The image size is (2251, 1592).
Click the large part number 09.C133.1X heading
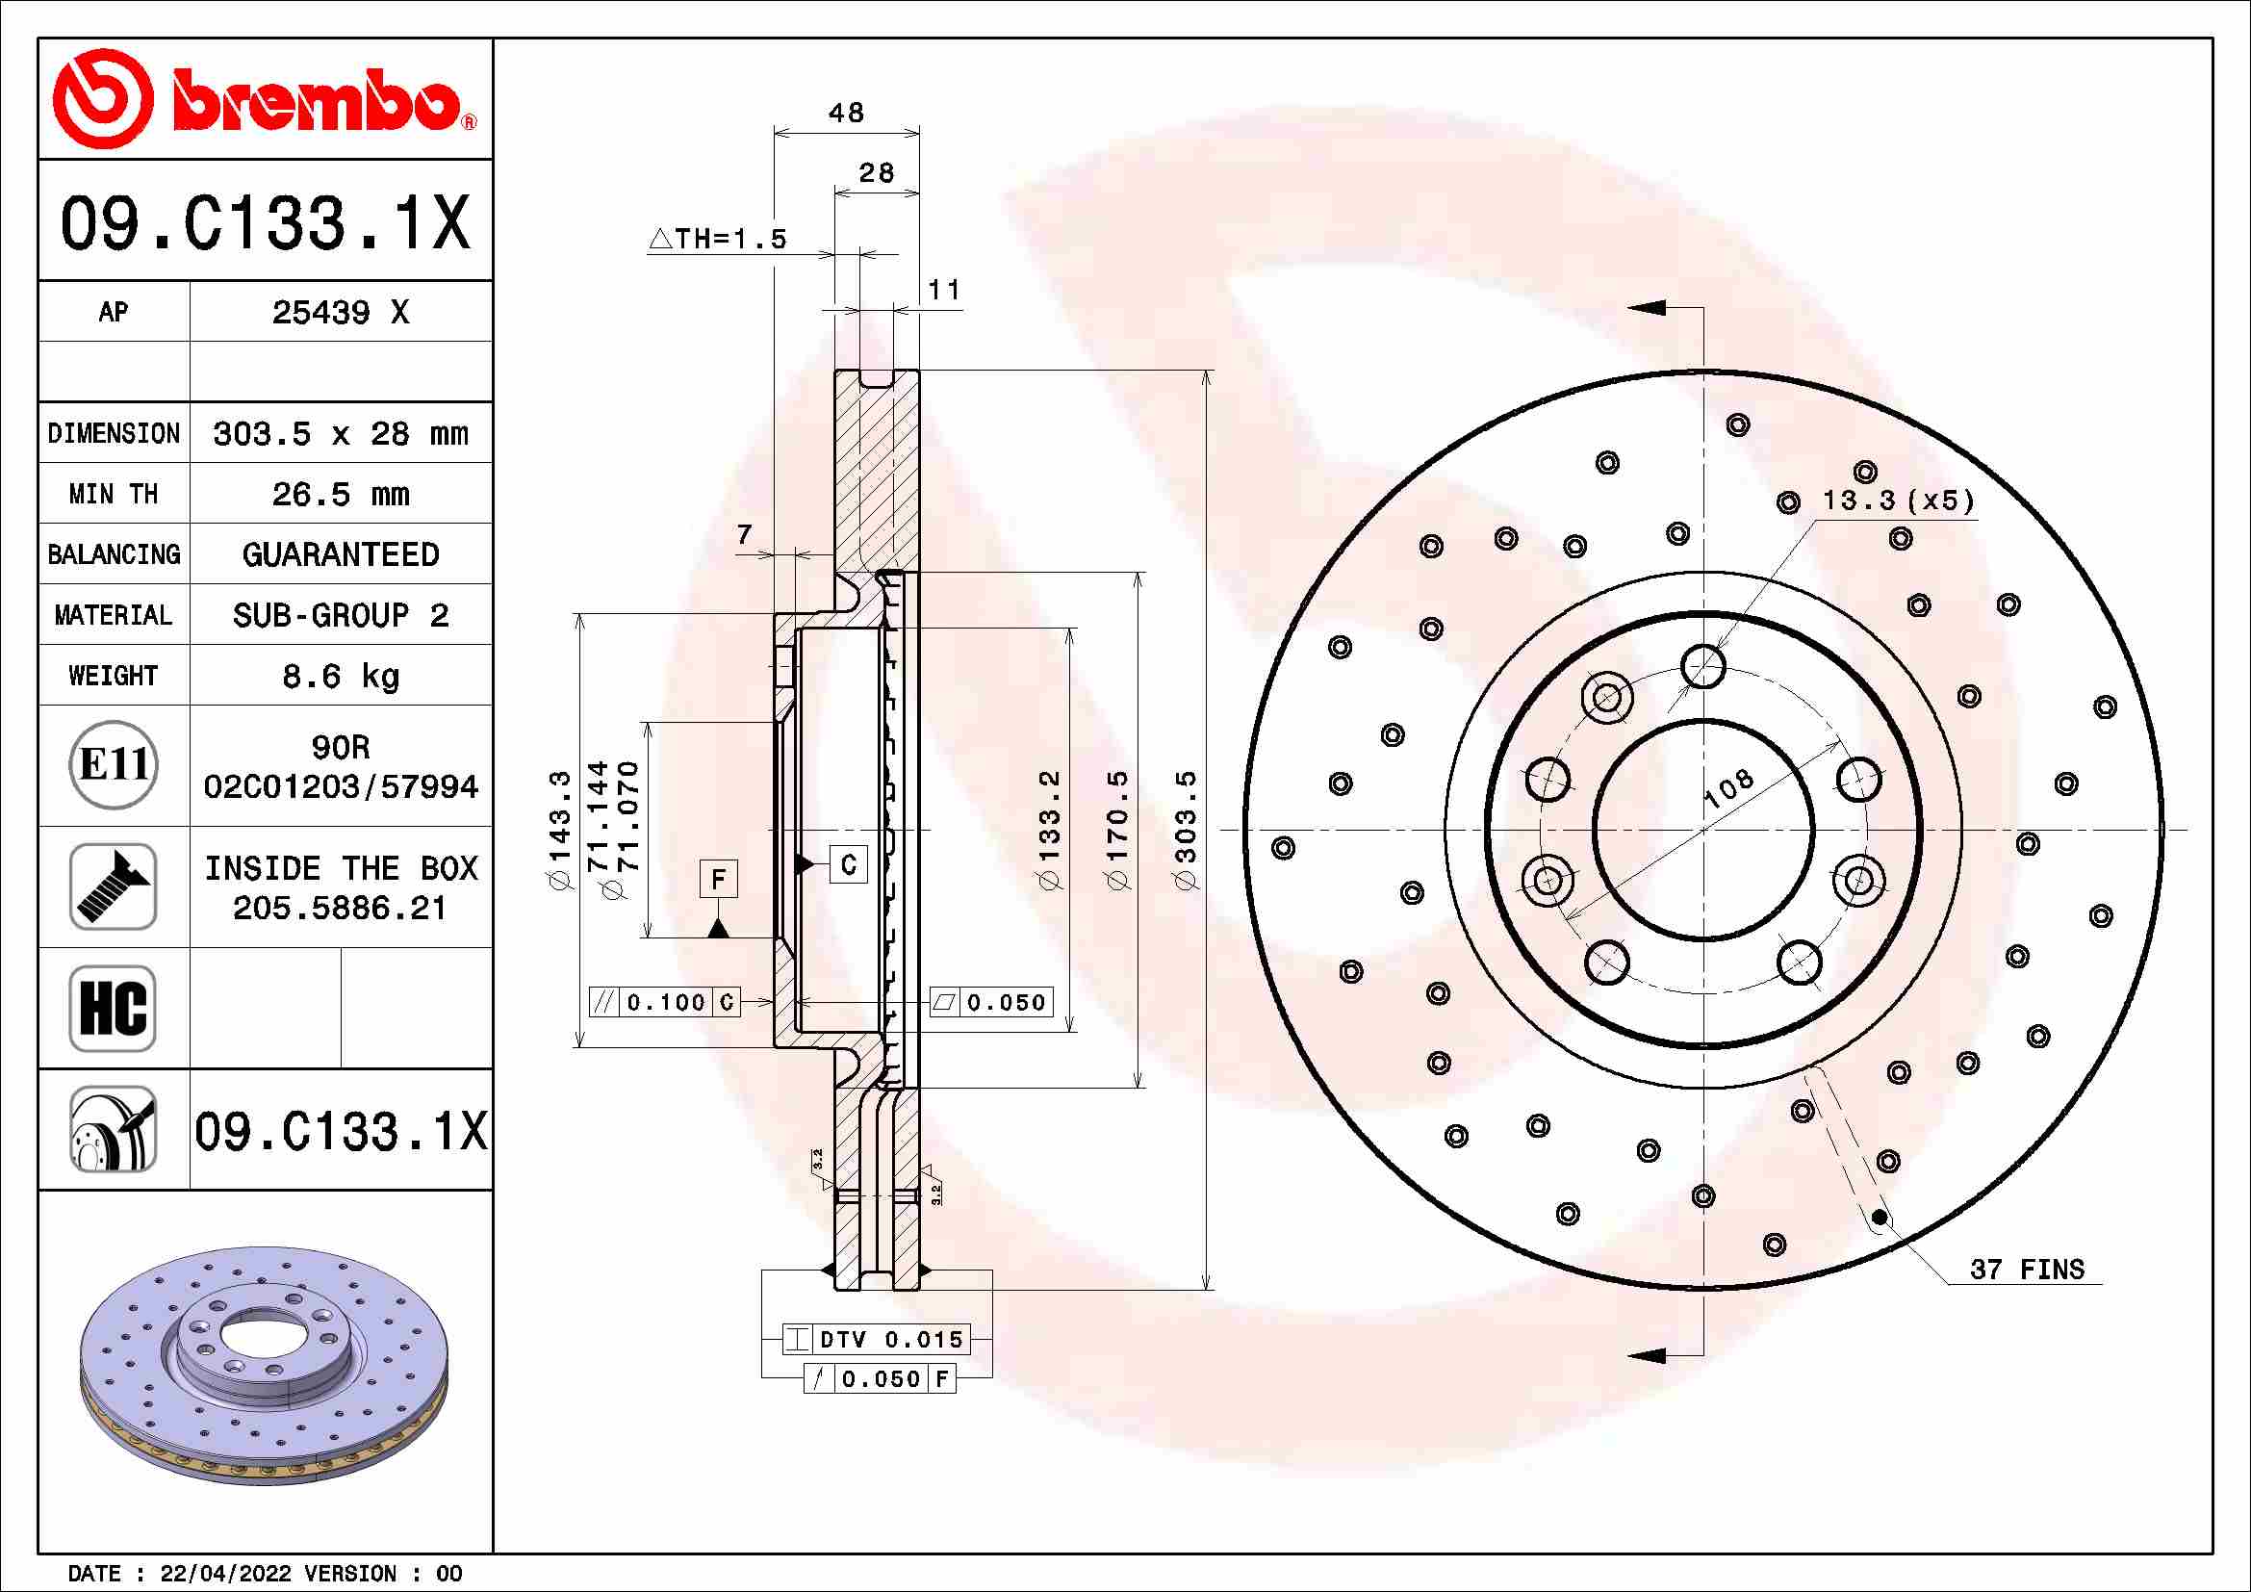pos(265,222)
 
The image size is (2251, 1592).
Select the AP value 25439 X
pos(340,313)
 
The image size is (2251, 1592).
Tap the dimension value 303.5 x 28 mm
pos(340,433)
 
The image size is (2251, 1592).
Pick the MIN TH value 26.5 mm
pos(340,494)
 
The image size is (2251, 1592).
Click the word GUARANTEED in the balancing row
pos(340,554)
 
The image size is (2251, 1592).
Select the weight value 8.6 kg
pos(340,676)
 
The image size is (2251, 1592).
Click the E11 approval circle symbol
pos(114,764)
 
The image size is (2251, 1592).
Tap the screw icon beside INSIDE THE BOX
pos(114,886)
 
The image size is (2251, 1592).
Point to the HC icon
pos(114,1008)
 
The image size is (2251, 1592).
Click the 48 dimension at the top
pos(846,113)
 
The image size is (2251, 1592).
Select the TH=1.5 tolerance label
pos(719,238)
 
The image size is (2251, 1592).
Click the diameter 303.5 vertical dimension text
pos(1187,830)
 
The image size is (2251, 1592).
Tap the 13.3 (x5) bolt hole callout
pos(1897,501)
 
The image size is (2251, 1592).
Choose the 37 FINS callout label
pos(2027,1270)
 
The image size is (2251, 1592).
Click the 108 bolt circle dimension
pos(1728,789)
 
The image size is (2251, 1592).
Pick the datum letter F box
pos(718,879)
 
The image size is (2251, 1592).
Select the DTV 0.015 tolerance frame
pos(877,1339)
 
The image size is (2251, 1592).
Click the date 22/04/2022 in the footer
pos(225,1574)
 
